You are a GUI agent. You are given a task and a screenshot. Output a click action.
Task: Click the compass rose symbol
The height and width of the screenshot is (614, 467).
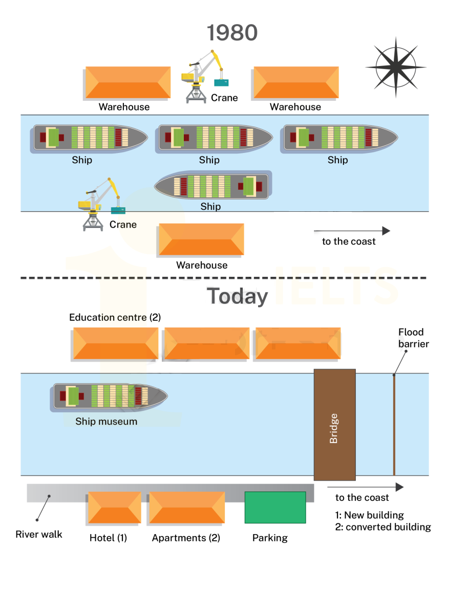pos(395,67)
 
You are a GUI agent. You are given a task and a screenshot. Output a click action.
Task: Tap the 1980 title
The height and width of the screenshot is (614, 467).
pos(232,33)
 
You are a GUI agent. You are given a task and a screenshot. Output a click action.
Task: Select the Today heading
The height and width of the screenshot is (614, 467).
pos(237,297)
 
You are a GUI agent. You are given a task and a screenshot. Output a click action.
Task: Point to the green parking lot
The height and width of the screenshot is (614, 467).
pos(275,507)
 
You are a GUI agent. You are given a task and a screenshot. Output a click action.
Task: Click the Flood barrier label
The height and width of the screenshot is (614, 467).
pos(413,338)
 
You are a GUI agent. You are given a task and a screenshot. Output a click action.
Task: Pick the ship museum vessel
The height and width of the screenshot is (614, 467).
pos(110,397)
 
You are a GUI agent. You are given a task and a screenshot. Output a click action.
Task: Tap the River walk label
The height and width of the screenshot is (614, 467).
pos(39,534)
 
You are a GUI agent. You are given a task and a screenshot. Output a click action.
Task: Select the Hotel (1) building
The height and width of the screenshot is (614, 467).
pos(114,508)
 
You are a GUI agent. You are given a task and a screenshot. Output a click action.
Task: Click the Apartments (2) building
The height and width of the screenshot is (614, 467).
pos(186,508)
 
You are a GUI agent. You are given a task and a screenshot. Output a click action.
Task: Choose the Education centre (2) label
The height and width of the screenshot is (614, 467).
pos(115,317)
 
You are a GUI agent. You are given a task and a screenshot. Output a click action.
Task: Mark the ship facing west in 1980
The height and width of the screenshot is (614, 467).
pos(213,186)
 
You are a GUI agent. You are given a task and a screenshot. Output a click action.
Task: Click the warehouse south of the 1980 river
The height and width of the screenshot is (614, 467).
pos(201,239)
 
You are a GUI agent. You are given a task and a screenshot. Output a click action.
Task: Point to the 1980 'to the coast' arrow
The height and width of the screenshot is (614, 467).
pos(352,231)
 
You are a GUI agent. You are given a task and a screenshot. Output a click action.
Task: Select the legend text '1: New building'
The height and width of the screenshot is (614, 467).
pos(369,515)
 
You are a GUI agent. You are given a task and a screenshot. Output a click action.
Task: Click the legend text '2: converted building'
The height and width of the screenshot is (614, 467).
pos(383,527)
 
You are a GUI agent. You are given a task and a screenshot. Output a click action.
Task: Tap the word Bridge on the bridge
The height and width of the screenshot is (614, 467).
pos(334,428)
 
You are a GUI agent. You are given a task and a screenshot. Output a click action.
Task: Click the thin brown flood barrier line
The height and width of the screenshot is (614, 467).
pos(394,425)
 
